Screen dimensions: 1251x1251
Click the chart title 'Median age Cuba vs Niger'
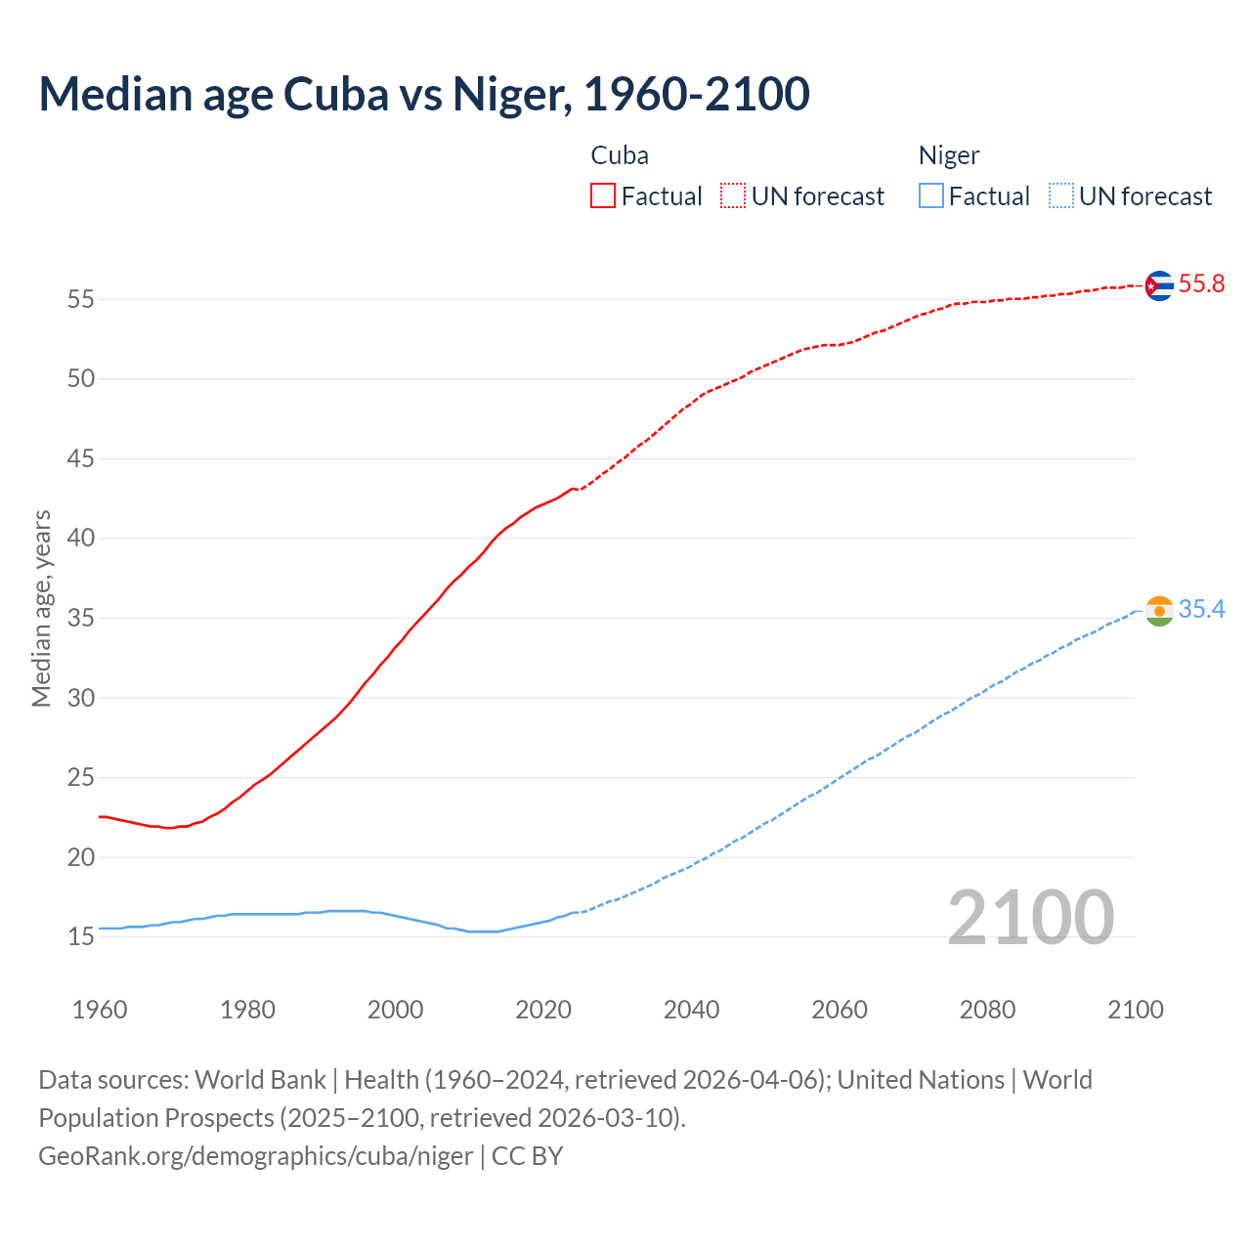[x=424, y=94]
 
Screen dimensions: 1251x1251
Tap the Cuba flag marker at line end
[x=1158, y=285]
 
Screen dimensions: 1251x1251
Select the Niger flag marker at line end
[x=1158, y=611]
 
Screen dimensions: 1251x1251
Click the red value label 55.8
[x=1201, y=284]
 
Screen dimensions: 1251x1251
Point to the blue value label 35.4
[x=1201, y=610]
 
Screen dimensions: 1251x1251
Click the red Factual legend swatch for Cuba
[x=603, y=196]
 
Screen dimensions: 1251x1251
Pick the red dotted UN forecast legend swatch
[x=733, y=196]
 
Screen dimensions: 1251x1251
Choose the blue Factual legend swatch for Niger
[x=931, y=196]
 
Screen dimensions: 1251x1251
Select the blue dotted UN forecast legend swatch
[x=1060, y=196]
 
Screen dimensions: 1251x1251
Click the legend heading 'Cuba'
[x=620, y=155]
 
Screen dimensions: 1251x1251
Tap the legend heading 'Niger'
[x=948, y=155]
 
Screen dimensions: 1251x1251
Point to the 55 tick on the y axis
[x=80, y=299]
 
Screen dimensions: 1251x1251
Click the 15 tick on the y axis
[x=80, y=937]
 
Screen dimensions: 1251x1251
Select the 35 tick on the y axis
[x=80, y=619]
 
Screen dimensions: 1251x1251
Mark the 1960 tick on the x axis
[x=100, y=1010]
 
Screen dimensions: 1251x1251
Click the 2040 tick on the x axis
[x=691, y=1010]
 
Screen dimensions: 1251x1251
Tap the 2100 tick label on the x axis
[x=1135, y=1010]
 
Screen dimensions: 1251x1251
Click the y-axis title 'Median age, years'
[x=41, y=608]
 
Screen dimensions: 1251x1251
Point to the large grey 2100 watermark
[x=1030, y=917]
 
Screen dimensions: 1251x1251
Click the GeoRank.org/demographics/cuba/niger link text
[x=256, y=1156]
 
